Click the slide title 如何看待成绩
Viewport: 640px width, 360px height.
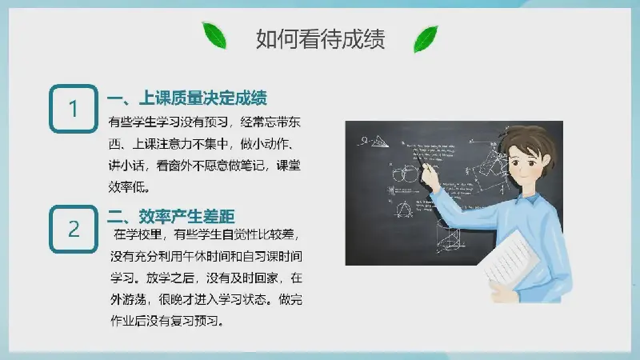321,39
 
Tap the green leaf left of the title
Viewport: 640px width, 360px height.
214,35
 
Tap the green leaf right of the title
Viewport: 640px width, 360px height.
426,38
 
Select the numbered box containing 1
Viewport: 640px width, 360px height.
74,109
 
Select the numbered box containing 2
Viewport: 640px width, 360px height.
74,229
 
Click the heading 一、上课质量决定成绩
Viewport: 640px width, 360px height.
187,98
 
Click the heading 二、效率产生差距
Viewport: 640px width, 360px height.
171,216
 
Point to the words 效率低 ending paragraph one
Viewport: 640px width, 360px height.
127,187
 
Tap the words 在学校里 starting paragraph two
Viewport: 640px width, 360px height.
138,234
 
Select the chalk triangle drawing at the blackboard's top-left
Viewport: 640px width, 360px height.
378,142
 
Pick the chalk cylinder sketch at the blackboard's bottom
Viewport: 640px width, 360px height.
448,238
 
